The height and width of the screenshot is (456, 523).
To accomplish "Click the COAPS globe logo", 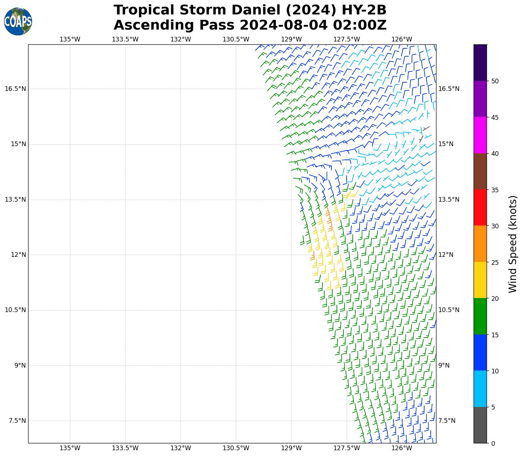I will pos(18,22).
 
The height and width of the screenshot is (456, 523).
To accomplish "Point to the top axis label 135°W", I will pos(70,39).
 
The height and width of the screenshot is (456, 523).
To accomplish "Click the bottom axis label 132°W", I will pos(180,448).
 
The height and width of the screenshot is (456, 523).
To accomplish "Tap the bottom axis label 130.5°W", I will pos(236,448).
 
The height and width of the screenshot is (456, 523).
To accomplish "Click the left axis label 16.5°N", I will pos(15,89).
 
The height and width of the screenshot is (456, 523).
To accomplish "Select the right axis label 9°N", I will pos(444,365).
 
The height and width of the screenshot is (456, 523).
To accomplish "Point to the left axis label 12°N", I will pos(18,255).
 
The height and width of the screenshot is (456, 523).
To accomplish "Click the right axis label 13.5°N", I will pos(449,199).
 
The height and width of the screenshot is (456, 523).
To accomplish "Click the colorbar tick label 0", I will pos(493,443).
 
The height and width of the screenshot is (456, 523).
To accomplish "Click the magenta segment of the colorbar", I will pos(480,135).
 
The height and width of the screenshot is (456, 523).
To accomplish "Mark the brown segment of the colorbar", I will pos(480,171).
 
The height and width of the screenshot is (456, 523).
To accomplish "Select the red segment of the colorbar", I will pos(480,207).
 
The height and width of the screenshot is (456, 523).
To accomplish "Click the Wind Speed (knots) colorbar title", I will pos(513,244).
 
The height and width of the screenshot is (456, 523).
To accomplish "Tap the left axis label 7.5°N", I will pos(15,421).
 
